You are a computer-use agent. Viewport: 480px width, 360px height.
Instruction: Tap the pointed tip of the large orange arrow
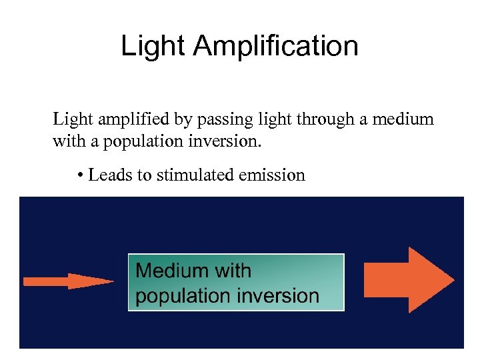(x=453, y=279)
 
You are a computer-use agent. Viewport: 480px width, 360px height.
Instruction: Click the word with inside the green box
(x=231, y=271)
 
